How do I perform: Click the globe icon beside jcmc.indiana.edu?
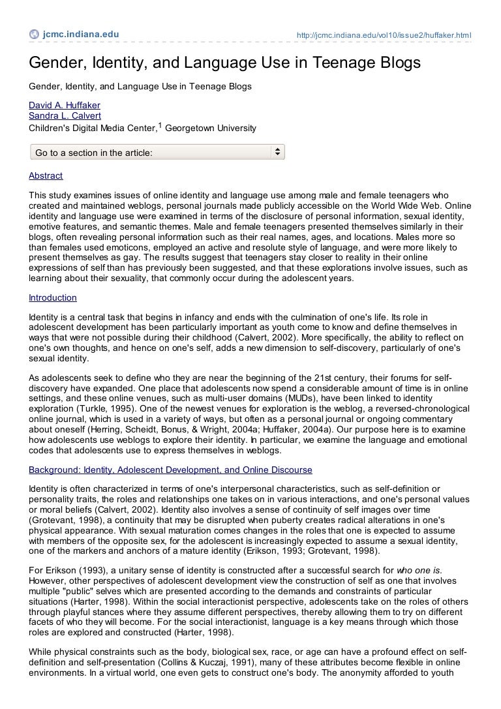click(34, 35)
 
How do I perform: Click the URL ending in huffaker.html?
click(384, 35)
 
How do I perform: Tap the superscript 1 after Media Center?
click(160, 124)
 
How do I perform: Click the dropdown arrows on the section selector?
click(277, 152)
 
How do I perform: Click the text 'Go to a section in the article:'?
click(94, 153)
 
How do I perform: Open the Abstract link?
click(46, 175)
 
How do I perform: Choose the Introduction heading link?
click(53, 297)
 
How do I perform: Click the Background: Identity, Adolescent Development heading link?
click(170, 470)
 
